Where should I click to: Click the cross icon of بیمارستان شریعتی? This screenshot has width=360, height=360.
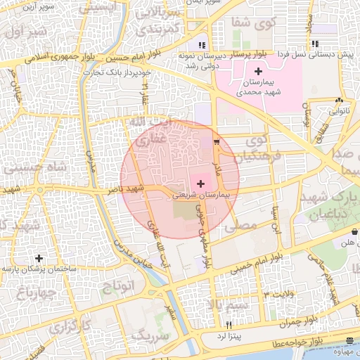coord(202,183)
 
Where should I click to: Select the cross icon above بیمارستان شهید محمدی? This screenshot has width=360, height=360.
coord(258,71)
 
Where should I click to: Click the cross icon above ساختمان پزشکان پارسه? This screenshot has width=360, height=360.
coord(39,258)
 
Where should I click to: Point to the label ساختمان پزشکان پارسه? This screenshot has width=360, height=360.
coord(39,269)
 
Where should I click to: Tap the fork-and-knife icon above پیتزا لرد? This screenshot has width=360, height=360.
coord(229,325)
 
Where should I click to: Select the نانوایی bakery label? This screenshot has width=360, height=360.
coord(339,110)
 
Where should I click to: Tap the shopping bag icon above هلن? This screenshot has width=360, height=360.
coord(355,231)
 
